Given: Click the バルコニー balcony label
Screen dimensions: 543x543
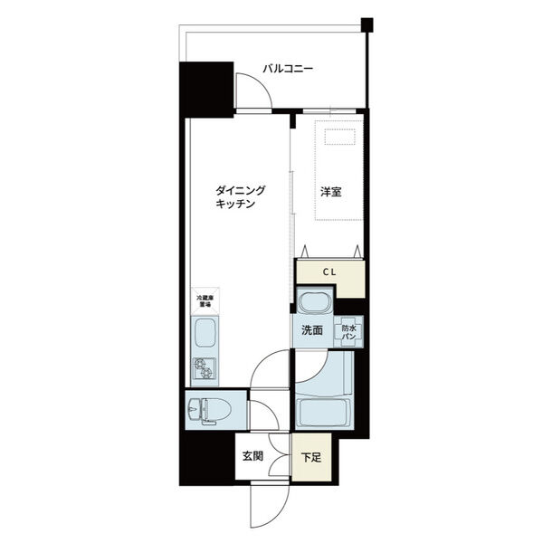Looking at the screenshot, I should point(288,69).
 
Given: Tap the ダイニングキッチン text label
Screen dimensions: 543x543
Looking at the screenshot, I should point(240,197).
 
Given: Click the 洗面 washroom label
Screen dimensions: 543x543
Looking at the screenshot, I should point(312,330).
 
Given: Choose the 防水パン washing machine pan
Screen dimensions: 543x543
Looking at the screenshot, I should point(350,331).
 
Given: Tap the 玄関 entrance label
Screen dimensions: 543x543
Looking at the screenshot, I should point(252,456).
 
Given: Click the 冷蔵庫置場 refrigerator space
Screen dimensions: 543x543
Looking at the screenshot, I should point(205,300).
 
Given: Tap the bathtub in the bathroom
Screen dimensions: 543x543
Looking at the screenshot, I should point(321,414).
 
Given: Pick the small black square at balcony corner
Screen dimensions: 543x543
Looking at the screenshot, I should point(367,24).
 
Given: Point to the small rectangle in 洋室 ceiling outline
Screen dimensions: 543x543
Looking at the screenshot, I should point(340,137).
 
